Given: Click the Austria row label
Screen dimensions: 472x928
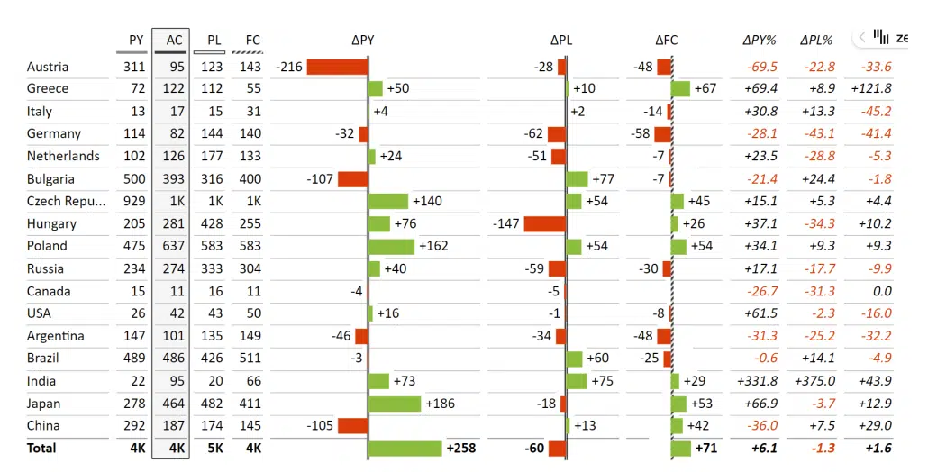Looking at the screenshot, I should pyautogui.click(x=48, y=67).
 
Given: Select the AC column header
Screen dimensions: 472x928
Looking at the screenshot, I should pyautogui.click(x=174, y=40).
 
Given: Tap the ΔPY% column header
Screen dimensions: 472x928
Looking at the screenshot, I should pyautogui.click(x=759, y=40).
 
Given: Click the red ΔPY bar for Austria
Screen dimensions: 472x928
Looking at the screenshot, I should pyautogui.click(x=337, y=67).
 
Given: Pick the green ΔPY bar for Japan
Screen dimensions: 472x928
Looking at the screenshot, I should pyautogui.click(x=395, y=404).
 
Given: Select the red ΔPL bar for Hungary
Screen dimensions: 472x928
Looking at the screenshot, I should pyautogui.click(x=544, y=223).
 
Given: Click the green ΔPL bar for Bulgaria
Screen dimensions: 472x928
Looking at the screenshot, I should pyautogui.click(x=577, y=178).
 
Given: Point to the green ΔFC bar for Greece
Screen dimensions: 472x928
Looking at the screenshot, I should pyautogui.click(x=681, y=88).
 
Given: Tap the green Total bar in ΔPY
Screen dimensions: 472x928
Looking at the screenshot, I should pyautogui.click(x=405, y=448).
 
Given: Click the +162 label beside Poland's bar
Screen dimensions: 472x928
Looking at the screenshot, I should pyautogui.click(x=433, y=246).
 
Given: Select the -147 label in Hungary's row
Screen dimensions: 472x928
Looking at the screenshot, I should pyautogui.click(x=507, y=223).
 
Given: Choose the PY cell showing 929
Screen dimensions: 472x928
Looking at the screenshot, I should pyautogui.click(x=133, y=201).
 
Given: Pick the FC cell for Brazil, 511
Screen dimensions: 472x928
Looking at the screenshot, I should pyautogui.click(x=248, y=358).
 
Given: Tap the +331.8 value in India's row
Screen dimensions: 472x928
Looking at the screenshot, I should pyautogui.click(x=757, y=381).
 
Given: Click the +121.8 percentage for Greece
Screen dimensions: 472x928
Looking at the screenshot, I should pyautogui.click(x=870, y=88).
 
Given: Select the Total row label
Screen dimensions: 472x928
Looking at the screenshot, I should pyautogui.click(x=41, y=448).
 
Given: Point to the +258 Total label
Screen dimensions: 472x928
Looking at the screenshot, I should pyautogui.click(x=460, y=448).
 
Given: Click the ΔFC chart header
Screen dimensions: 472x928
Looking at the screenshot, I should pyautogui.click(x=667, y=40).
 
